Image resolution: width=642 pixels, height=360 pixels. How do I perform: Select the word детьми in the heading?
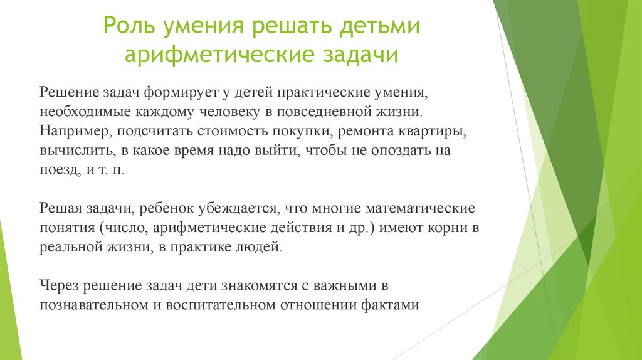coord(379,29)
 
